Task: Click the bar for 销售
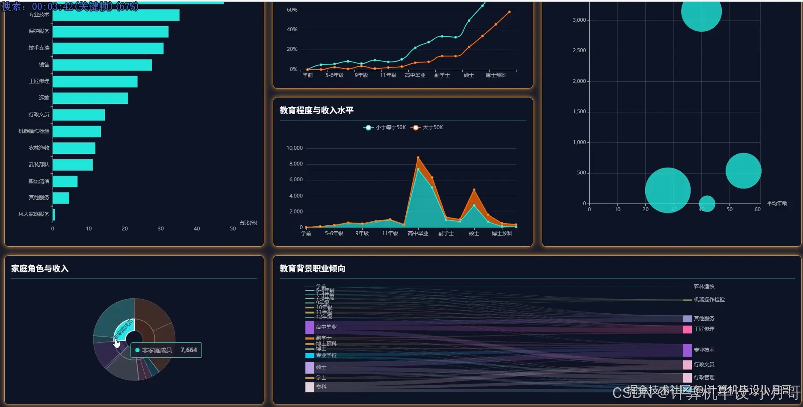tap(102, 65)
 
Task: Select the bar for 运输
tap(90, 98)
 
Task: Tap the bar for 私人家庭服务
tap(54, 215)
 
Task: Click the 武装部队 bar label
tap(39, 165)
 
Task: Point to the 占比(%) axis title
tap(248, 223)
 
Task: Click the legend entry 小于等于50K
tap(385, 127)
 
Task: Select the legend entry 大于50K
tap(427, 127)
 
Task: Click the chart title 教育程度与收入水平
tap(316, 110)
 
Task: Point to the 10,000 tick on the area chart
tap(294, 148)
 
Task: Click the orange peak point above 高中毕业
tap(418, 158)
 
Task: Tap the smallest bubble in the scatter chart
tap(707, 203)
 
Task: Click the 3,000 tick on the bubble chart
tap(579, 20)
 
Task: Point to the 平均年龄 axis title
tap(776, 203)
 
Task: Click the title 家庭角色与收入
tap(40, 268)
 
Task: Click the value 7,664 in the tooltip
tap(189, 350)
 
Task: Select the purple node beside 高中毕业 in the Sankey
tap(310, 327)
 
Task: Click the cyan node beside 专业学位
tap(310, 356)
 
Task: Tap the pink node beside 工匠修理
tap(687, 330)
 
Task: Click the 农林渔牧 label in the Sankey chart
tap(704, 286)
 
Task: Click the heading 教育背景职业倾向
tap(313, 268)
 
